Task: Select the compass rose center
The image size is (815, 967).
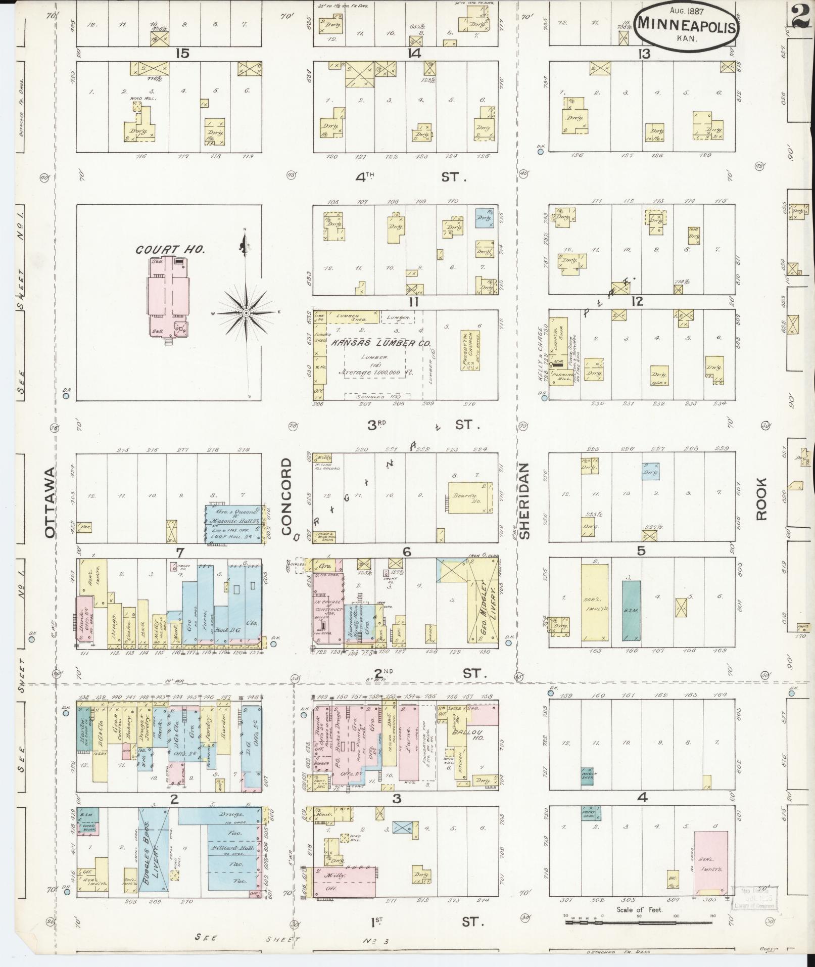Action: [x=246, y=313]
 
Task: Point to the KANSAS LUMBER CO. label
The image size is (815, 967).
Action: [x=381, y=343]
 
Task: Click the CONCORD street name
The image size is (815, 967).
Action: [x=286, y=496]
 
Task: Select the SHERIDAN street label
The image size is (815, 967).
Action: [x=524, y=500]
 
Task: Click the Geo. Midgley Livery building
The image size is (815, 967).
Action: [x=482, y=602]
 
